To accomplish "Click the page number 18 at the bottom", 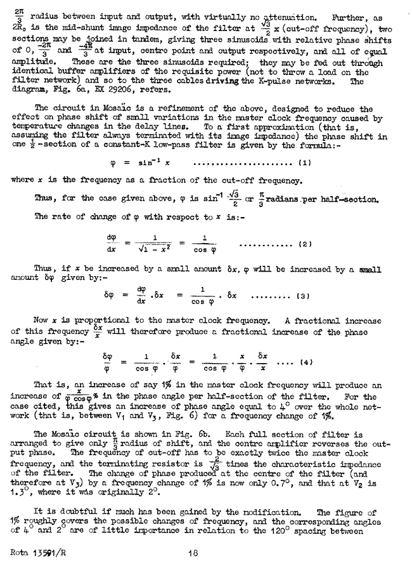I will (198, 552).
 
